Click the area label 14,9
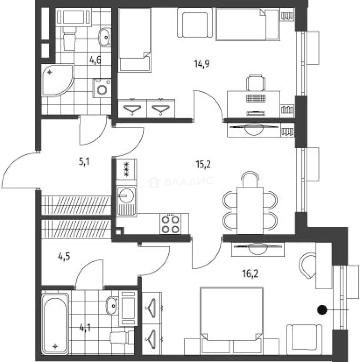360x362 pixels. [202, 64]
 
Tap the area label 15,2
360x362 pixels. [203, 165]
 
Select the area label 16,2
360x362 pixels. [250, 274]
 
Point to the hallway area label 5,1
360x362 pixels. [84, 162]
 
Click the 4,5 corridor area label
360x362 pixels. [64, 256]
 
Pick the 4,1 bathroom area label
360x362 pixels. [85, 328]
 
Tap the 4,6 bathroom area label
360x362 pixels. [95, 60]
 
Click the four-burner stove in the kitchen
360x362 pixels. [170, 224]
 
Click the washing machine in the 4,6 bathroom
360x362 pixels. [102, 88]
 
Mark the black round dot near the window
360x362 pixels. [322, 310]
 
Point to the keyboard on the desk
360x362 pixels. [255, 99]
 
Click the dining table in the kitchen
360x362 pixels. [250, 210]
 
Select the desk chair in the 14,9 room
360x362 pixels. [256, 83]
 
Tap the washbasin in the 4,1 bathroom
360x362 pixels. [112, 306]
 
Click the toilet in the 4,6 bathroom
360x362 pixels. [69, 38]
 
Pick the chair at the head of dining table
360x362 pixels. [250, 178]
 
